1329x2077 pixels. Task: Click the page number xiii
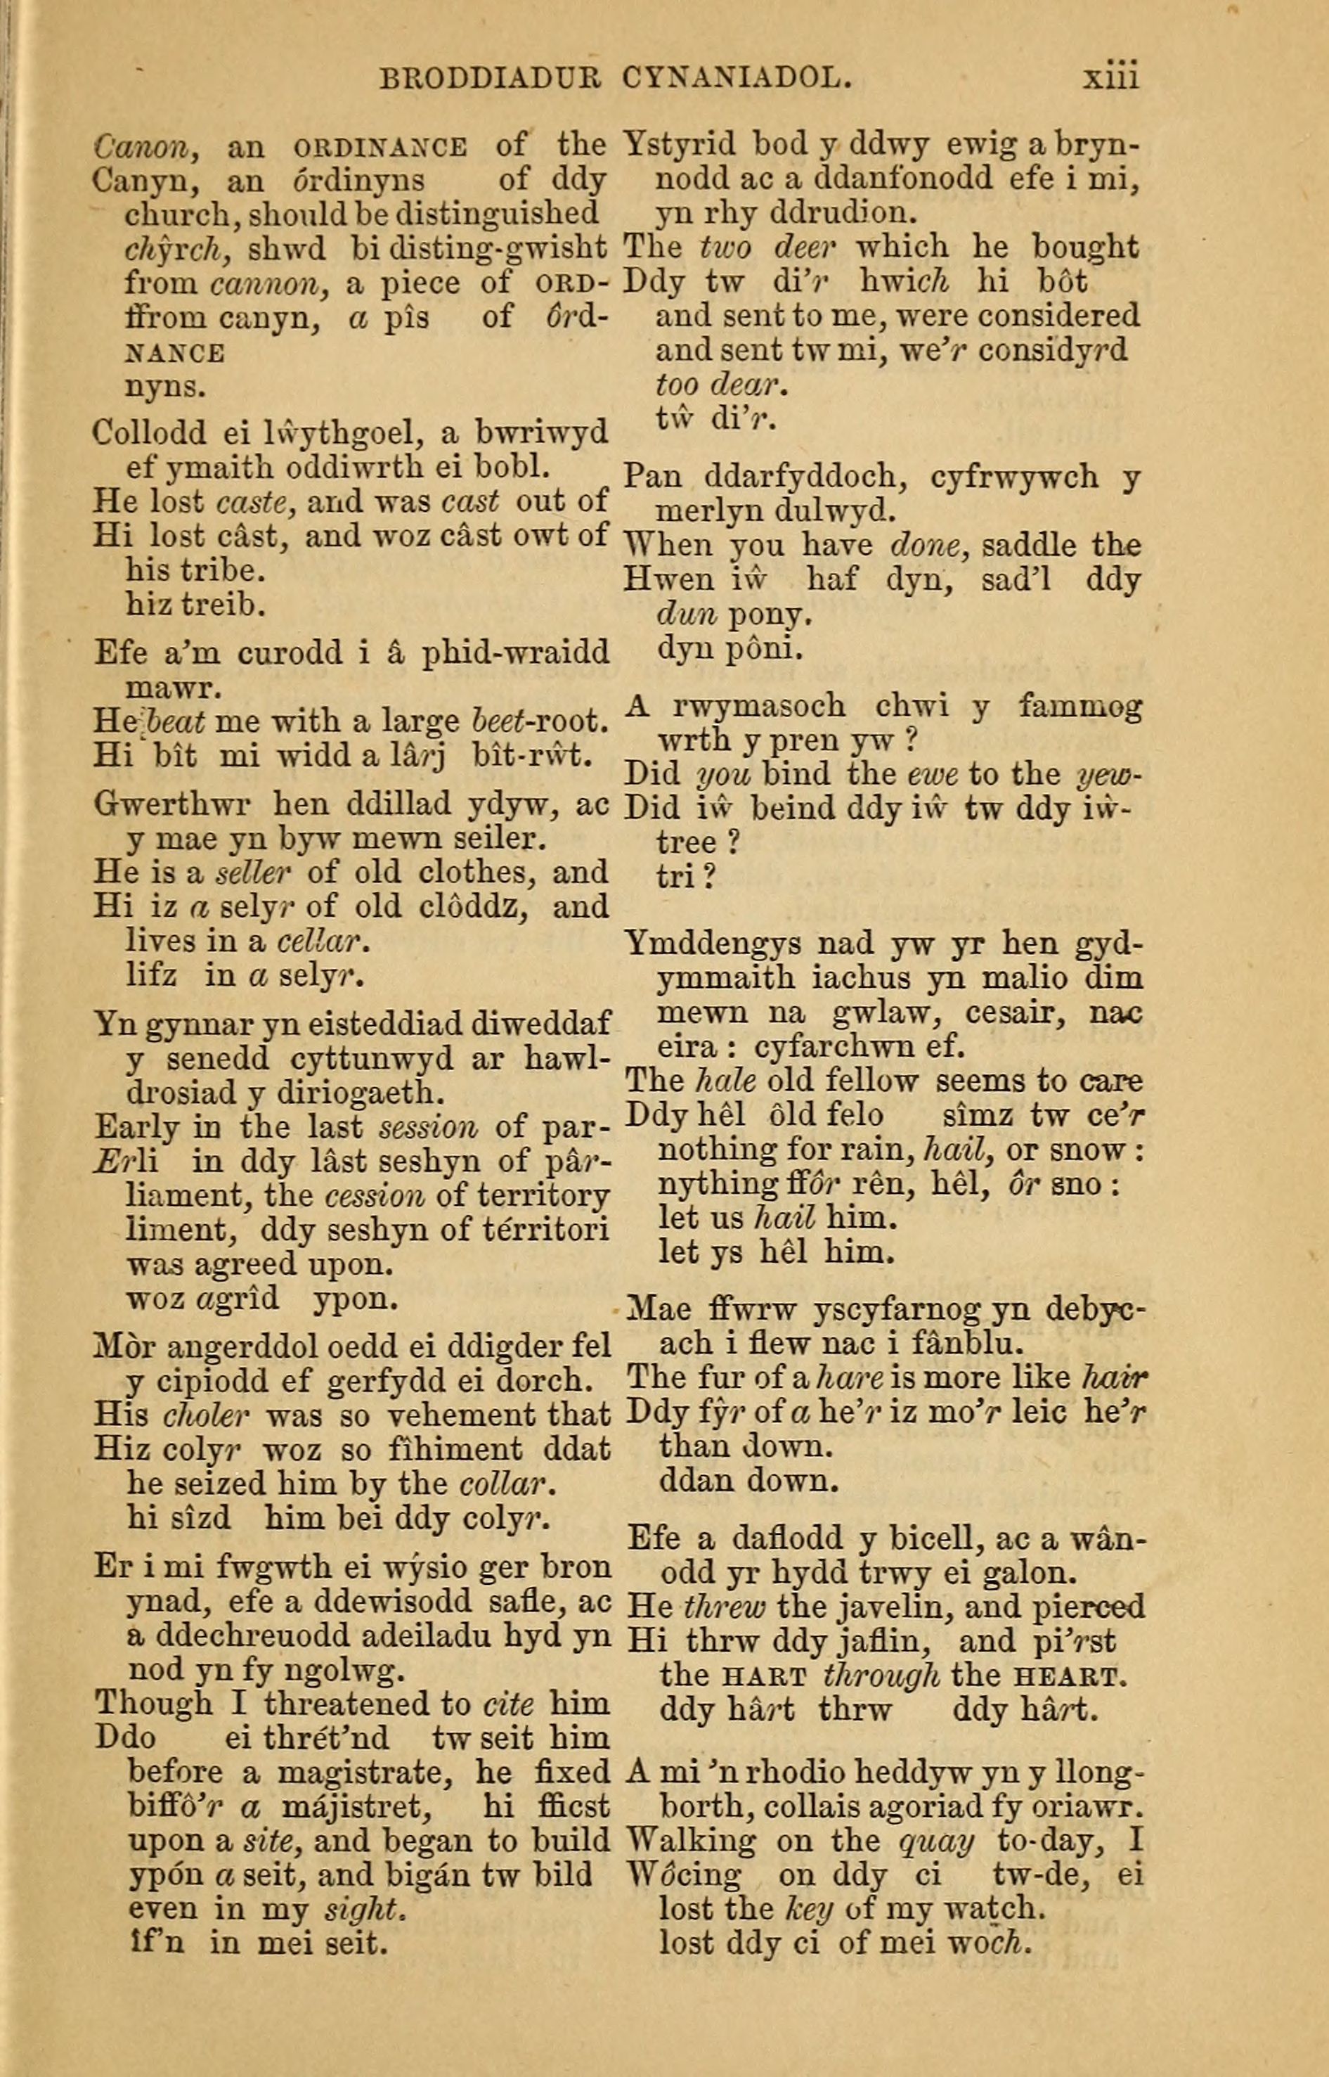coord(1110,79)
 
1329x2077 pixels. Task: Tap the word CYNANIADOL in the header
coord(735,80)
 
